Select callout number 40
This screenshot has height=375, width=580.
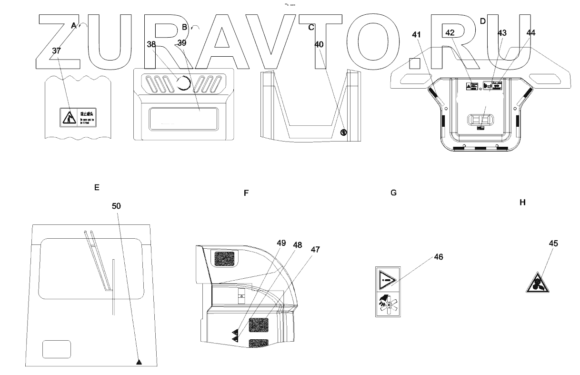click(319, 44)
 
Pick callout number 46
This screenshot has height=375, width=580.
click(438, 257)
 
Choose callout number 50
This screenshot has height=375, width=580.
click(117, 206)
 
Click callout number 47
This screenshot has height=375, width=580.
click(316, 249)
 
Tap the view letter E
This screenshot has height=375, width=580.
click(97, 187)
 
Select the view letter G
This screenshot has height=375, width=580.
click(393, 193)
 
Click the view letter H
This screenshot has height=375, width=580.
click(522, 203)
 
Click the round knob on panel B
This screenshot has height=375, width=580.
click(183, 84)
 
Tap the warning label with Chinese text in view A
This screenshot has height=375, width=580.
click(78, 117)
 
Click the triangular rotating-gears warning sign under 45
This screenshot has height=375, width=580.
click(538, 284)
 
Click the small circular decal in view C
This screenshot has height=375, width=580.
click(343, 132)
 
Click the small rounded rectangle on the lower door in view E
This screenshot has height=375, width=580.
click(57, 349)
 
